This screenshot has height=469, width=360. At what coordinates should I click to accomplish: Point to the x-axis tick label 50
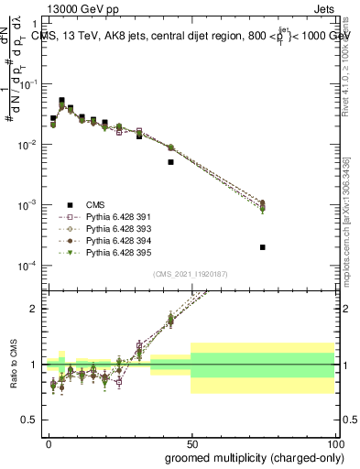(191, 443)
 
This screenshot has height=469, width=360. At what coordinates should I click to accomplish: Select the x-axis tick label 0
(48, 443)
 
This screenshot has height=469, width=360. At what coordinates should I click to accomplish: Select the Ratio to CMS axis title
(12, 364)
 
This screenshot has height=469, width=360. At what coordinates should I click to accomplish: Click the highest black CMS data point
(61, 101)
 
